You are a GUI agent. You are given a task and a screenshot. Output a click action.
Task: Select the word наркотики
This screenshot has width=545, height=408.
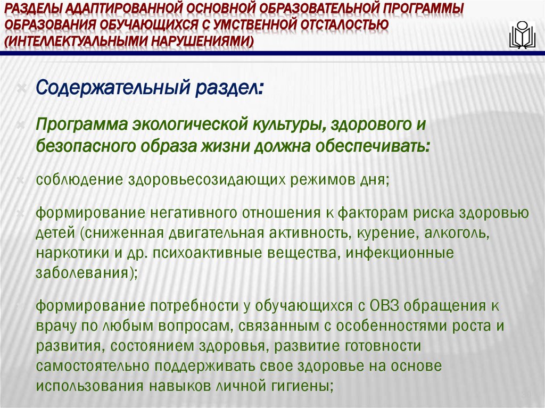tap(70, 253)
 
